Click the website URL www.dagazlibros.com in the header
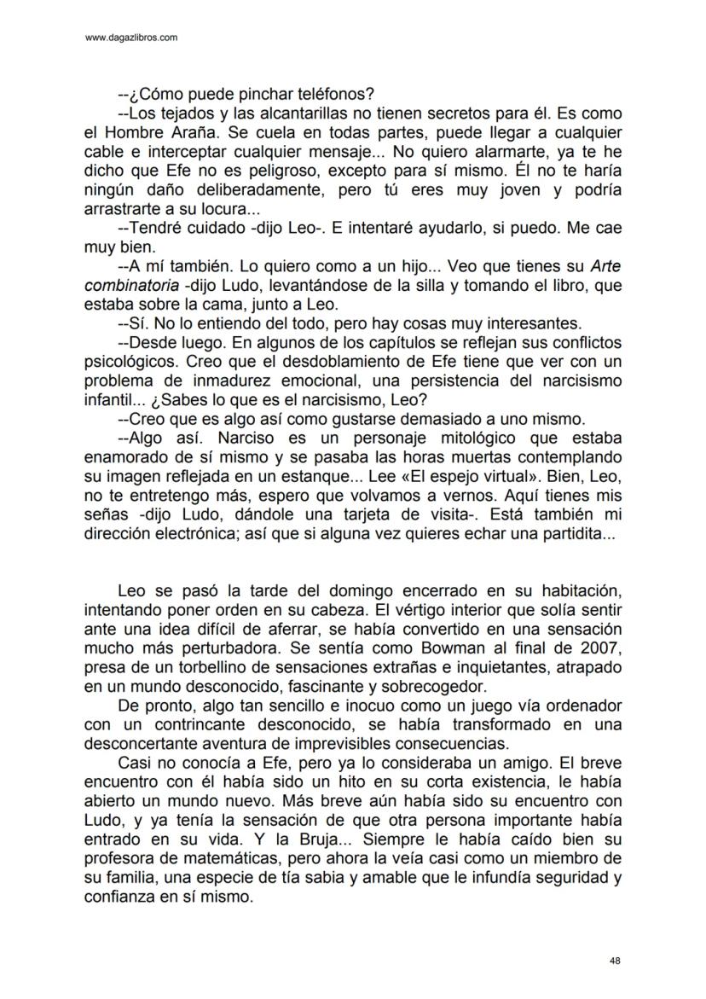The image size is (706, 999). tap(132, 38)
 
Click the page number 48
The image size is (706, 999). tap(615, 961)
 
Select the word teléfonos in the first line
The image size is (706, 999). tap(335, 95)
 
